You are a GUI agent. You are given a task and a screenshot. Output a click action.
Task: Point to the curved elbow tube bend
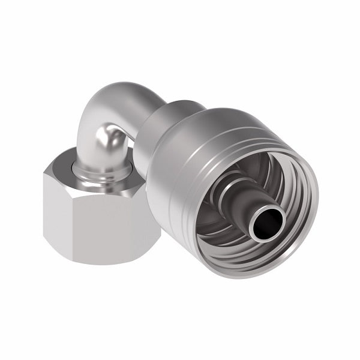tap(108, 120)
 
